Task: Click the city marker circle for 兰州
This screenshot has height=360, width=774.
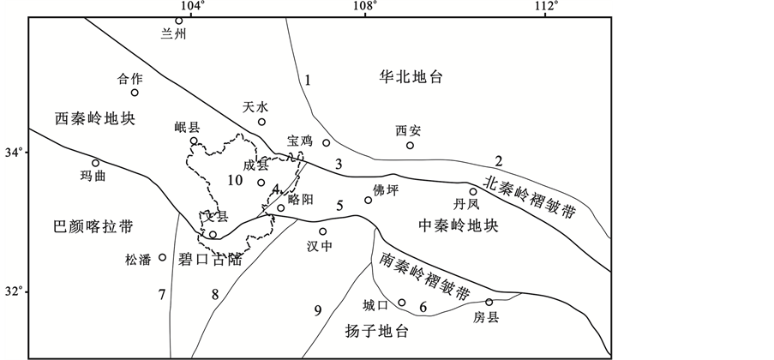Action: pyautogui.click(x=179, y=21)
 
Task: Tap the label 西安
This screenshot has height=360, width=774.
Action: pyautogui.click(x=408, y=131)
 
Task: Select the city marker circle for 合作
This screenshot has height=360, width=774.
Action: pyautogui.click(x=135, y=93)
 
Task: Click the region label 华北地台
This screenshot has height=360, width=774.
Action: pyautogui.click(x=411, y=77)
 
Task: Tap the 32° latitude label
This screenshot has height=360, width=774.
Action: pyautogui.click(x=12, y=291)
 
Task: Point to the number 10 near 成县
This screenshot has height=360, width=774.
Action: pyautogui.click(x=235, y=179)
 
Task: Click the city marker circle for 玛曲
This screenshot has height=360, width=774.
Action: pyautogui.click(x=96, y=163)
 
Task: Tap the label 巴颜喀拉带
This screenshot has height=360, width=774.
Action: pyautogui.click(x=81, y=226)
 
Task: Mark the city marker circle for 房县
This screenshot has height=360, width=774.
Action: pyautogui.click(x=489, y=302)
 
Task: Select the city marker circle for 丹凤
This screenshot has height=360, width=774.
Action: pyautogui.click(x=472, y=192)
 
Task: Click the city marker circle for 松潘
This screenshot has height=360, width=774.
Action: pyautogui.click(x=163, y=257)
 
